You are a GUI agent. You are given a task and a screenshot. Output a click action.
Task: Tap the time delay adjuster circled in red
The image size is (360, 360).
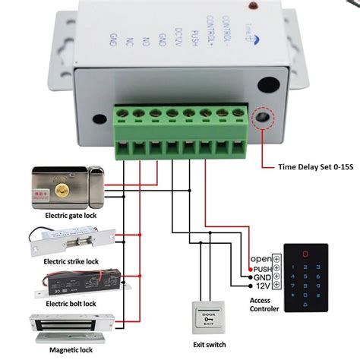[264, 118]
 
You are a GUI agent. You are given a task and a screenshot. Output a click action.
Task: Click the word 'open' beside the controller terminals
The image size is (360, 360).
[261, 258]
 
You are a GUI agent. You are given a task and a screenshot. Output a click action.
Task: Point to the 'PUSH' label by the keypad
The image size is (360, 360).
[261, 268]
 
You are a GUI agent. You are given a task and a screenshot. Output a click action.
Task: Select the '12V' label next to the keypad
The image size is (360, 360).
[262, 286]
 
